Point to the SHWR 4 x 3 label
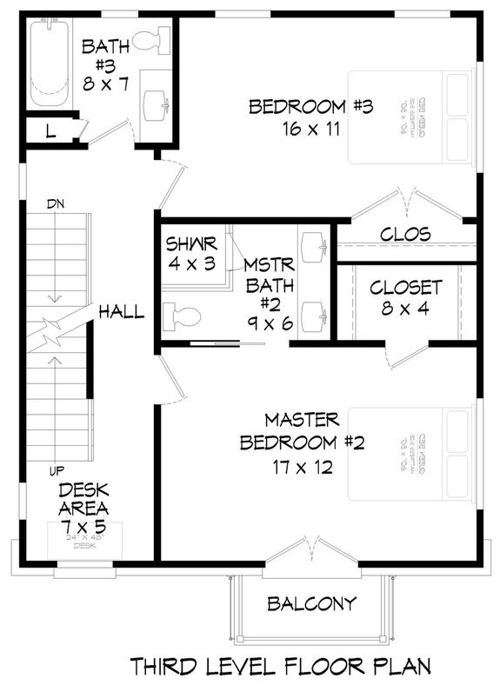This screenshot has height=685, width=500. [x=190, y=252]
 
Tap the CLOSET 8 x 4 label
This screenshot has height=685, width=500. [x=406, y=297]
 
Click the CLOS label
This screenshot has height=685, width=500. [x=406, y=235]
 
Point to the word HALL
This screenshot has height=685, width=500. [x=121, y=311]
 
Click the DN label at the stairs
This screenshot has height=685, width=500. [x=56, y=204]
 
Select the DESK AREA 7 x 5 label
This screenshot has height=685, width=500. [x=83, y=507]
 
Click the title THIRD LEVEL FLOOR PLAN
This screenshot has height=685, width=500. [x=282, y=665]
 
